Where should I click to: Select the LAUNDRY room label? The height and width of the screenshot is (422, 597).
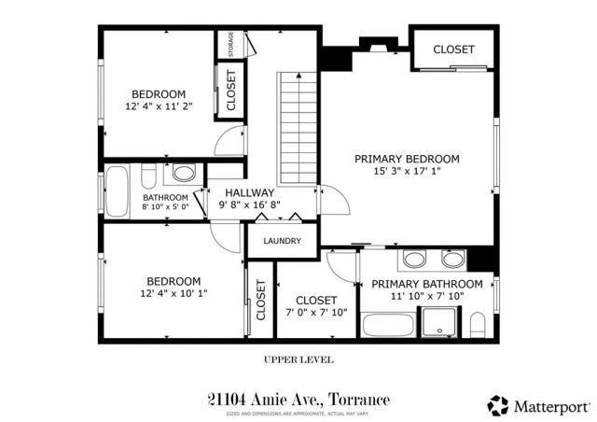click(282, 241)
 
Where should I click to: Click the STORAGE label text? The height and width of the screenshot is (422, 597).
click(230, 44)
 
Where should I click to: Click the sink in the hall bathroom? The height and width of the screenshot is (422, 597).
click(184, 173)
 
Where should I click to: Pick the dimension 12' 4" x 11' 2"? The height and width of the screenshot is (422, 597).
click(158, 107)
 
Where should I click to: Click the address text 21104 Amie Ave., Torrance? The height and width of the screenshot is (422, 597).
click(298, 399)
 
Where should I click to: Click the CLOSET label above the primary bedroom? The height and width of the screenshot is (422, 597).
click(453, 49)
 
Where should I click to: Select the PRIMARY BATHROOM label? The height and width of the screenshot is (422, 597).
click(427, 284)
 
